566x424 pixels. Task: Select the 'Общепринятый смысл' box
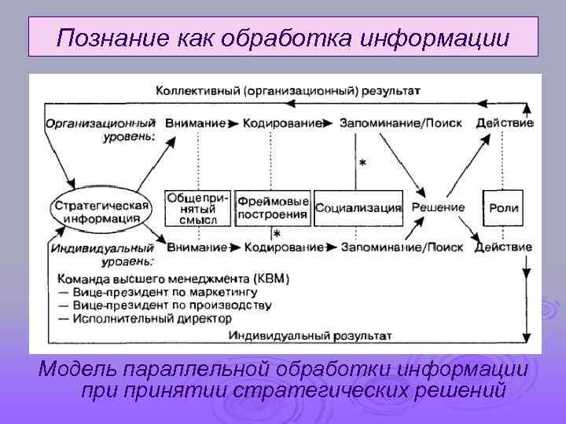pos(197,207)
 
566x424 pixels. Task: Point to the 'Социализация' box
pos(358,208)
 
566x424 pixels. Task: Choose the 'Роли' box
pos(504,208)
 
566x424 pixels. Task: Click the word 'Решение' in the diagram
pos(439,208)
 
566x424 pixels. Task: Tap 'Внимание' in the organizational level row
pos(195,123)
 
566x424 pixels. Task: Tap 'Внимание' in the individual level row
pos(195,247)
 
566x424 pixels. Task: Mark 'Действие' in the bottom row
pos(503,247)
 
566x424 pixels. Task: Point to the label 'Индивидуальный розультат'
pos(311,335)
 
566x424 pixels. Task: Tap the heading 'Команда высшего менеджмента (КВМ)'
pos(174,278)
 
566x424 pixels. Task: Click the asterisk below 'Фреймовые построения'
pos(277,234)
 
